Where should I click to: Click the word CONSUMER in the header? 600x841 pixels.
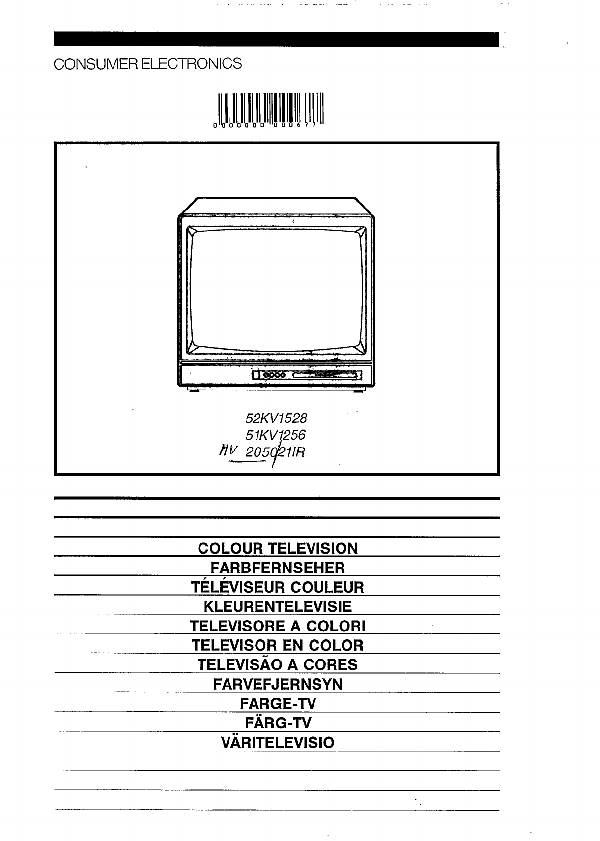pyautogui.click(x=96, y=64)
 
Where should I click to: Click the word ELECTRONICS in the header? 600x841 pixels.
pyautogui.click(x=191, y=64)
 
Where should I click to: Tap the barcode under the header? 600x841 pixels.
pyautogui.click(x=268, y=110)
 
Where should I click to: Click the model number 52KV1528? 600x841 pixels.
pyautogui.click(x=276, y=418)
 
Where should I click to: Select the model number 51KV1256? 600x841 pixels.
pyautogui.click(x=275, y=435)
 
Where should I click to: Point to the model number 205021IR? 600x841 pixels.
pyautogui.click(x=275, y=452)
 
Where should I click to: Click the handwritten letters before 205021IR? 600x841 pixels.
pyautogui.click(x=228, y=451)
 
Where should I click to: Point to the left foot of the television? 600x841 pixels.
pyautogui.click(x=194, y=390)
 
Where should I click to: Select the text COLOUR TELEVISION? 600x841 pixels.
pyautogui.click(x=278, y=548)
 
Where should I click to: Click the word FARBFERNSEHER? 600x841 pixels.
pyautogui.click(x=278, y=568)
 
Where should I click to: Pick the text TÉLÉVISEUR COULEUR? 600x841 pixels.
pyautogui.click(x=278, y=587)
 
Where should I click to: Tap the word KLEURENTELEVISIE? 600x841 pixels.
pyautogui.click(x=278, y=606)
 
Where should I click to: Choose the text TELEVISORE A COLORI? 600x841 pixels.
pyautogui.click(x=278, y=626)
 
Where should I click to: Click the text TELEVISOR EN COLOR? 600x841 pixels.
pyautogui.click(x=278, y=645)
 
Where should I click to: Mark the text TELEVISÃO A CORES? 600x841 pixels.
pyautogui.click(x=278, y=664)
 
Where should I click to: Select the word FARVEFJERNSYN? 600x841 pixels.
pyautogui.click(x=278, y=684)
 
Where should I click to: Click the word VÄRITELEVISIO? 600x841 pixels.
pyautogui.click(x=278, y=742)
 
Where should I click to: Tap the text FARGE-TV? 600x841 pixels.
pyautogui.click(x=278, y=703)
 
